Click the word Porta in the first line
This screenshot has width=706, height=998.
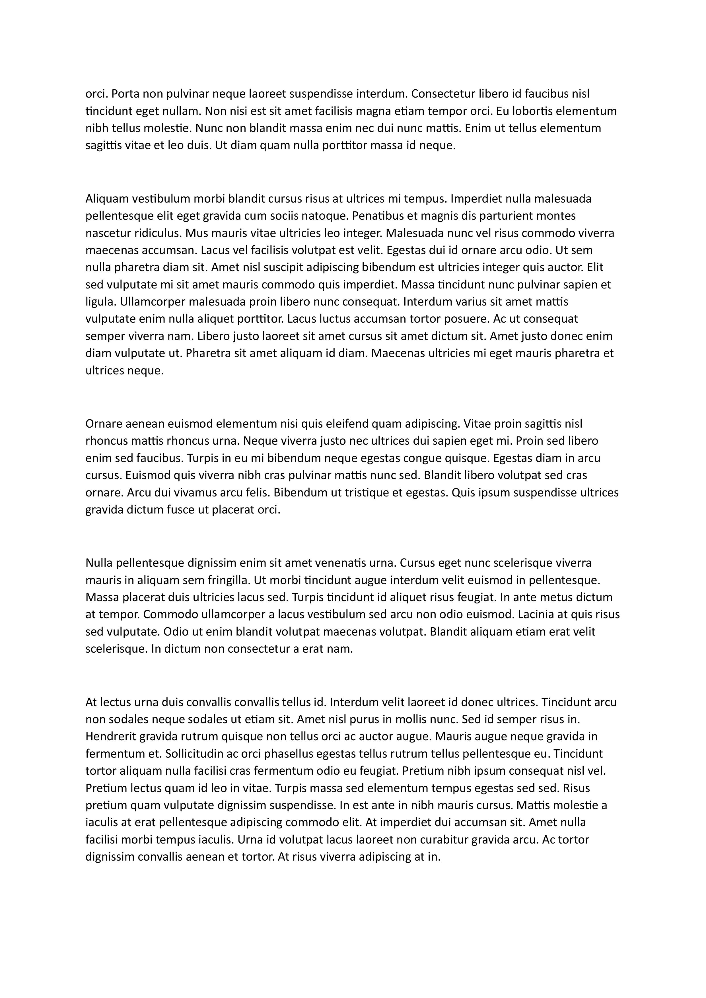pyautogui.click(x=126, y=94)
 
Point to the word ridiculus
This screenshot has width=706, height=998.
pyautogui.click(x=157, y=233)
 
